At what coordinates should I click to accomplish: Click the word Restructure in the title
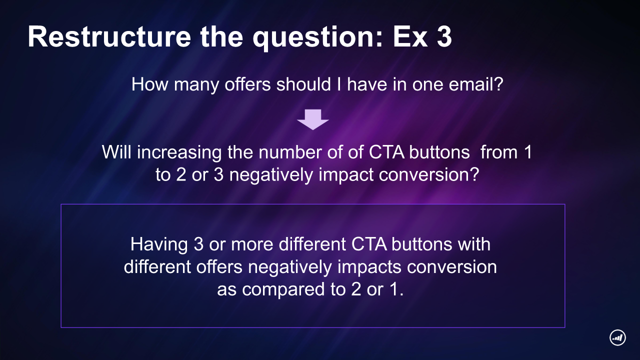click(x=109, y=37)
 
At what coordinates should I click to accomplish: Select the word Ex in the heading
click(x=410, y=37)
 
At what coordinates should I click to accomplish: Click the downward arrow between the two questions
click(x=313, y=119)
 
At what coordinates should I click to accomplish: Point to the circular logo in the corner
click(x=617, y=337)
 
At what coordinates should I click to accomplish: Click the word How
click(x=149, y=84)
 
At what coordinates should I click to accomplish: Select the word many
click(x=196, y=85)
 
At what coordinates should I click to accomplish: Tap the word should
click(x=303, y=84)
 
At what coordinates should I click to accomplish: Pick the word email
click(x=475, y=84)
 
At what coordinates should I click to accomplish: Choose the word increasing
click(x=179, y=153)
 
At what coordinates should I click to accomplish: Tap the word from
click(x=499, y=152)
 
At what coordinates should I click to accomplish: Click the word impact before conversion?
click(x=346, y=175)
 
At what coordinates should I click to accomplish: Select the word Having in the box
click(x=159, y=245)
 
